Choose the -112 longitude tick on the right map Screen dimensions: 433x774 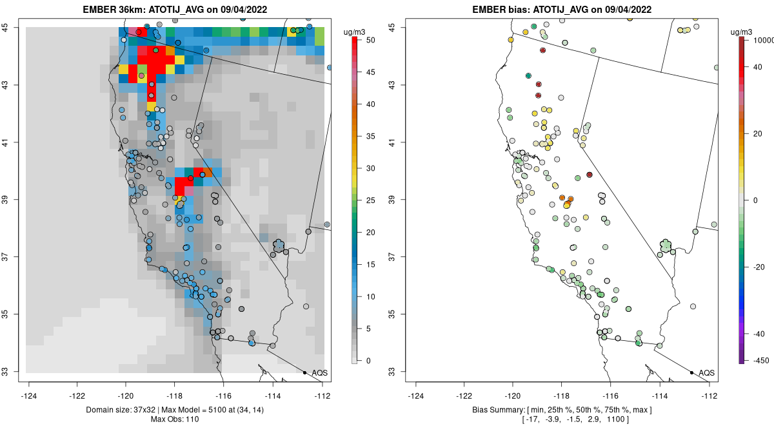pos(709,396)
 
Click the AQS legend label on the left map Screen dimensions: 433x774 pos(319,372)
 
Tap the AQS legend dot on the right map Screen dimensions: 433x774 pos(691,372)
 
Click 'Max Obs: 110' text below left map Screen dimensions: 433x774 pos(174,419)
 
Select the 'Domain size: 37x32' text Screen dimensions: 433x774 pos(114,410)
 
